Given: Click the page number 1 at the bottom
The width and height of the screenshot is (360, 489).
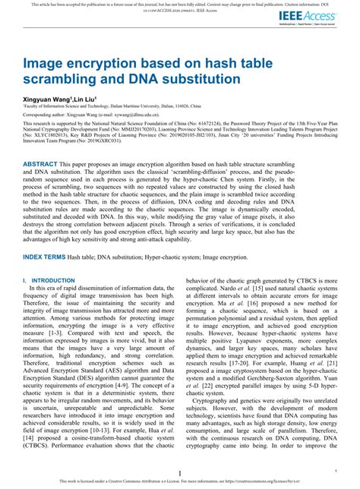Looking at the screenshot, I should coord(178,472).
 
